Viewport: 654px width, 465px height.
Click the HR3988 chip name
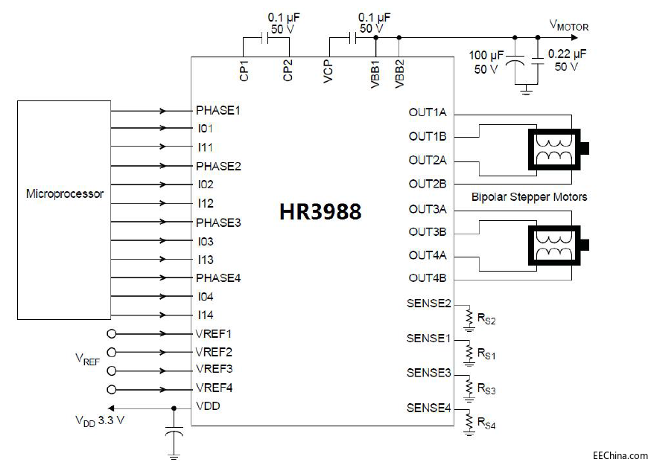point(320,212)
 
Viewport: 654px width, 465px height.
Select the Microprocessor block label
point(65,194)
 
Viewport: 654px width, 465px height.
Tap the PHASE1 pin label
point(218,110)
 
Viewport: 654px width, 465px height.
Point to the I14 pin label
point(206,315)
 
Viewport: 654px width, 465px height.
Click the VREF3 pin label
point(214,370)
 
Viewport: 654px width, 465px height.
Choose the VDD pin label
point(208,407)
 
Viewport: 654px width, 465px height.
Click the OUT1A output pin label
point(428,113)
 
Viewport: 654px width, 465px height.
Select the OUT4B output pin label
point(428,279)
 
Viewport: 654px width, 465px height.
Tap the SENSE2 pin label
point(429,303)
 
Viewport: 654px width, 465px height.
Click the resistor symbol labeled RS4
point(469,421)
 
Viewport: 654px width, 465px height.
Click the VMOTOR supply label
point(569,26)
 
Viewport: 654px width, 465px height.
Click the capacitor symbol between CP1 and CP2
point(264,37)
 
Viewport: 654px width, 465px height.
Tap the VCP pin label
point(328,71)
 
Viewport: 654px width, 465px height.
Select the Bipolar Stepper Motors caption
point(529,197)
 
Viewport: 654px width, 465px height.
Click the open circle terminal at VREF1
point(112,333)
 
